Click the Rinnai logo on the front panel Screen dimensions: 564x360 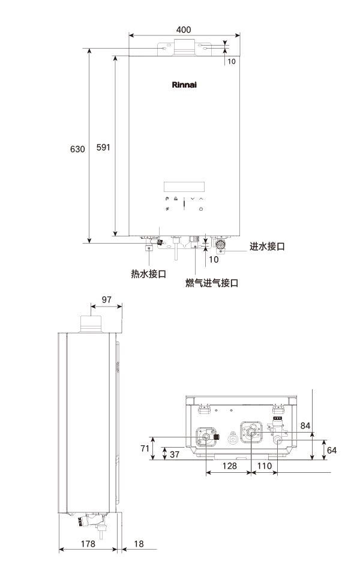coord(184,85)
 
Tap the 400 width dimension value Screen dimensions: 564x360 coord(184,28)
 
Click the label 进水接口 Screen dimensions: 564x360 coord(267,247)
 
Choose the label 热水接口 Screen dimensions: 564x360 coord(148,274)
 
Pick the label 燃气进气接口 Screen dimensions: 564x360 coord(212,283)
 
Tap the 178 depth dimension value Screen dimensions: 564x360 coord(88,543)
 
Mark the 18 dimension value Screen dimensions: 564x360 coord(139,543)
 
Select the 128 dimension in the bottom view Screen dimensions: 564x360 coord(228,465)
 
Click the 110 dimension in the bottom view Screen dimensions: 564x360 coord(264,465)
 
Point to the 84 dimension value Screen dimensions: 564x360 coord(305,425)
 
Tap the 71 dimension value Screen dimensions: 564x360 coord(145,448)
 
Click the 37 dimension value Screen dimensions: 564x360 coord(174,454)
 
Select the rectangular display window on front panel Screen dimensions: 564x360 coord(184,184)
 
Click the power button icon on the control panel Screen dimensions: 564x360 coord(201,209)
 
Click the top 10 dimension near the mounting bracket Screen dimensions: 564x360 coord(232,61)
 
